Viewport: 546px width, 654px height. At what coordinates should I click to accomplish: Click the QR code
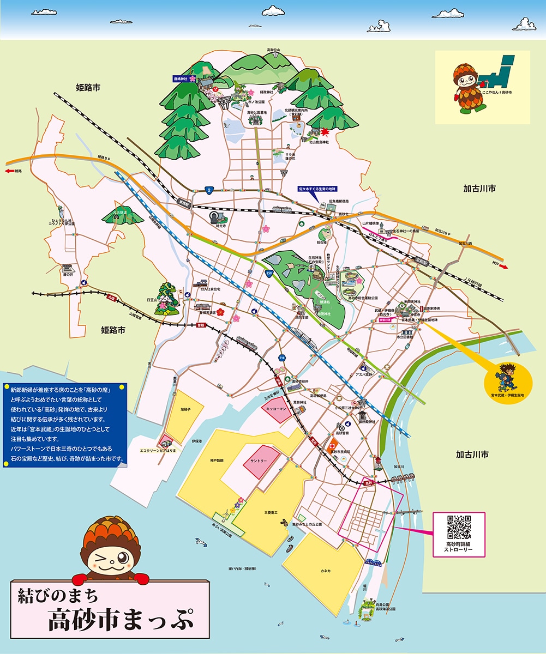click(459, 526)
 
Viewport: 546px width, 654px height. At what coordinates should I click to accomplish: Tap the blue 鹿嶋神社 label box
click(180, 79)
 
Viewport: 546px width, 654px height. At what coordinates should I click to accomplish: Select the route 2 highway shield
click(209, 190)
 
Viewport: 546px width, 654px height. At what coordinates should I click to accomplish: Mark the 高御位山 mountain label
click(273, 50)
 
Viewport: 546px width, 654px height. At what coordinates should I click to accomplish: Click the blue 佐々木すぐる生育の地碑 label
click(317, 189)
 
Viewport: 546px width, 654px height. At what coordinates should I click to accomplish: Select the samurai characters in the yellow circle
click(507, 376)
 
